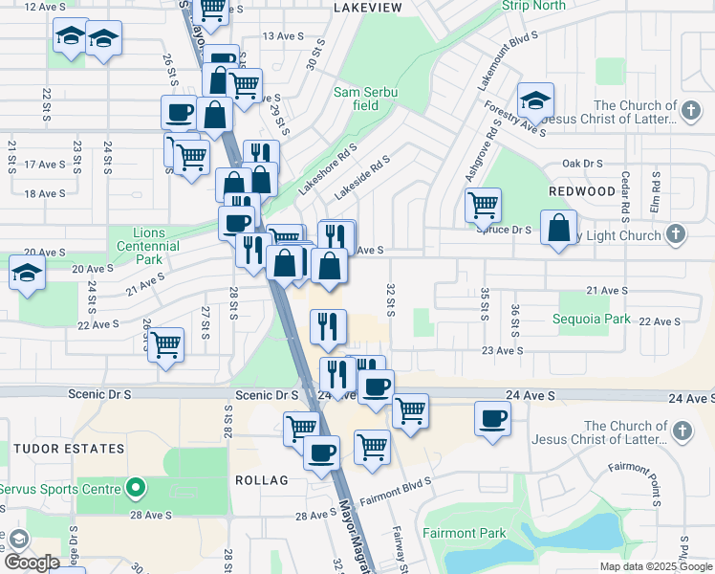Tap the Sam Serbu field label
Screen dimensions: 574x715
pyautogui.click(x=366, y=99)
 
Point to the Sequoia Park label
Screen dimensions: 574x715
pyautogui.click(x=592, y=319)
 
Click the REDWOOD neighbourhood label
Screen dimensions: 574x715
pyautogui.click(x=582, y=191)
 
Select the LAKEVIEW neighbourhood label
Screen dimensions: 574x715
pyautogui.click(x=368, y=7)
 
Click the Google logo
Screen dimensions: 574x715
pyautogui.click(x=32, y=563)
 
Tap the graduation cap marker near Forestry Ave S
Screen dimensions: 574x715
pyautogui.click(x=536, y=100)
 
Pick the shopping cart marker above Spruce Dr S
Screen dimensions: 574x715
pyautogui.click(x=484, y=204)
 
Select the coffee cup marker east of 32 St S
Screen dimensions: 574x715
pyautogui.click(x=493, y=418)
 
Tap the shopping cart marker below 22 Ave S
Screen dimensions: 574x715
pyautogui.click(x=166, y=344)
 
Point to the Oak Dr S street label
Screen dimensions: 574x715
pyautogui.click(x=585, y=164)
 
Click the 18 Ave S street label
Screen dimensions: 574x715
pyautogui.click(x=45, y=193)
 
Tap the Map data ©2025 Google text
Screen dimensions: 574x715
pyautogui.click(x=656, y=566)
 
